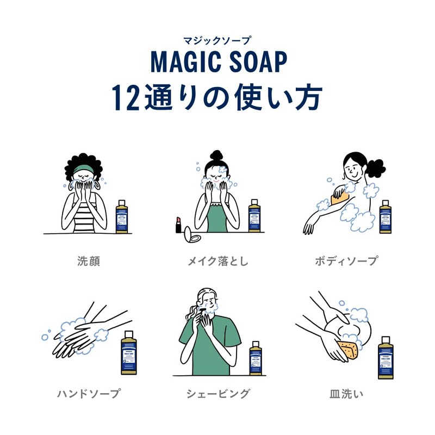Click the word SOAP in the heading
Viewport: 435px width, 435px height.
pos(257,63)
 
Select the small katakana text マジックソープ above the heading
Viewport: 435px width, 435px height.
pos(217,40)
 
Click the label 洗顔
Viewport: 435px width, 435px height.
pos(89,261)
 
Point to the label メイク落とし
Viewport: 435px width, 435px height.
pos(217,261)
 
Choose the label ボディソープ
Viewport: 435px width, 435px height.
pos(346,261)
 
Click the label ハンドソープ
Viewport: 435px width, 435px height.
pos(89,393)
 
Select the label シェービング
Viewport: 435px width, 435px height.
pos(217,393)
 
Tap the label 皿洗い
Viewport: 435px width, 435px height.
pos(346,393)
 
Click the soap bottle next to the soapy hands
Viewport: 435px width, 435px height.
pos(129,353)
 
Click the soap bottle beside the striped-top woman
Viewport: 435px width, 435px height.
pos(122,216)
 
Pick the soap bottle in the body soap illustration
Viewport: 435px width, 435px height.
pos(386,216)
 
